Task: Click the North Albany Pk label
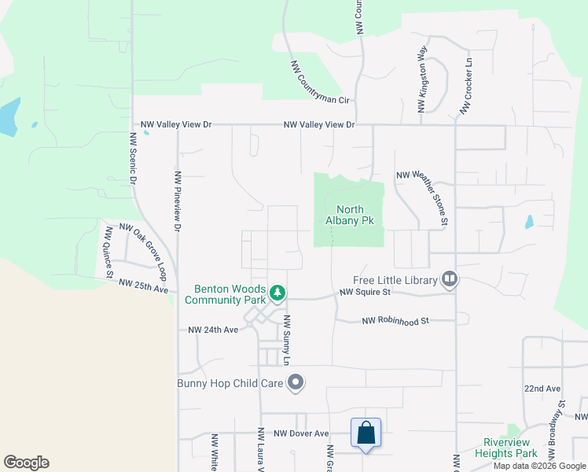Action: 349,215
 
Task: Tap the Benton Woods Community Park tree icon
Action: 277,293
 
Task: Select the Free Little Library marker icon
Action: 450,278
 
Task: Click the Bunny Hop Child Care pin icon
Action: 296,383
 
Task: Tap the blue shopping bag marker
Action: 366,433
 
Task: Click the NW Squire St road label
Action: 365,292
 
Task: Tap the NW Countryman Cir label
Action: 320,83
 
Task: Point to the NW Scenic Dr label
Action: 133,158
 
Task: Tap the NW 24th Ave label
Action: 213,330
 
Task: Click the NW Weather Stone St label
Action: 422,196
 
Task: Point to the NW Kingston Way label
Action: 422,79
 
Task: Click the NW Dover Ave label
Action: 301,433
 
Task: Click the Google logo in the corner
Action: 26,463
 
